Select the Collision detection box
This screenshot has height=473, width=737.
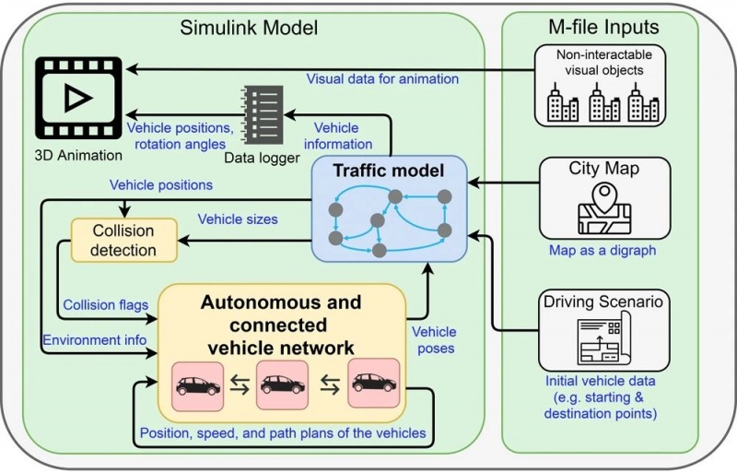point(122,239)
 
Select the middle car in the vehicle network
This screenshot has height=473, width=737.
point(283,384)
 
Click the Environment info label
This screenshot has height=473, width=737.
point(95,340)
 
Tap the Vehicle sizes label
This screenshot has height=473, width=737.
point(238,219)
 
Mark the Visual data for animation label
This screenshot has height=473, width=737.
point(382,79)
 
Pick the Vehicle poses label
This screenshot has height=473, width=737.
point(434,340)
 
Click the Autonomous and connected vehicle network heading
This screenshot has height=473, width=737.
point(281,325)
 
